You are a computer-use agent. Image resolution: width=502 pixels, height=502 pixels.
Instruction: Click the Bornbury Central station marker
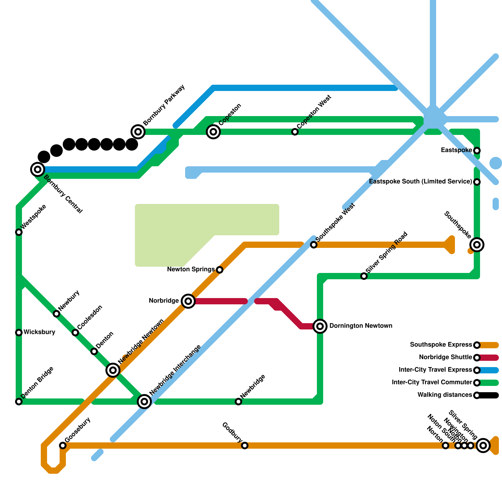click(38, 169)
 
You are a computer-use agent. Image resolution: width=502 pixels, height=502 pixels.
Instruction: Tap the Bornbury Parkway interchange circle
click(138, 132)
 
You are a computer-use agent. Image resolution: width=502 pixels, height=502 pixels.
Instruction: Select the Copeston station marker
click(213, 132)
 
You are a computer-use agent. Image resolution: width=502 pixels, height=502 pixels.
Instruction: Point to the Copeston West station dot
click(295, 132)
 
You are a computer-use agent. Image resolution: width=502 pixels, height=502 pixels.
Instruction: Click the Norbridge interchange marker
click(188, 301)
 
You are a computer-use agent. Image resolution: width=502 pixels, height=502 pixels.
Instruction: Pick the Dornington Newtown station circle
click(320, 326)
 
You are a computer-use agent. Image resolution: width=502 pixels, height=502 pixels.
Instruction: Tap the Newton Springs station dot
click(220, 270)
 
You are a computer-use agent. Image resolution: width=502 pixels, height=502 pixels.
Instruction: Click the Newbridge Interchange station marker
click(144, 402)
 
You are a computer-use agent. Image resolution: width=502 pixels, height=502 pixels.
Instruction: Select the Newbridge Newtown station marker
click(113, 370)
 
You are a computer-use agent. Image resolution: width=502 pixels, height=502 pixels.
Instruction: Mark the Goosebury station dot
click(63, 446)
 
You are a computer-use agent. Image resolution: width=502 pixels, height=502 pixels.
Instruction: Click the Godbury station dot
click(245, 446)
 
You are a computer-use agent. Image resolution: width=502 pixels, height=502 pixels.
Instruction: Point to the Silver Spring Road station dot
click(364, 276)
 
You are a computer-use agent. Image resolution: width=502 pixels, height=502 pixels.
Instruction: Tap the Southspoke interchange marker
click(477, 245)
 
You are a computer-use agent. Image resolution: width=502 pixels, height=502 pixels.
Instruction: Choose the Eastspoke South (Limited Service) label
click(420, 182)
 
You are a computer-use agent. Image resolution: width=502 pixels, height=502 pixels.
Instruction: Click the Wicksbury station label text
click(39, 332)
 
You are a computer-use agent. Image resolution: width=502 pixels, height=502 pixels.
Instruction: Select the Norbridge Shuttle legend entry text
click(446, 357)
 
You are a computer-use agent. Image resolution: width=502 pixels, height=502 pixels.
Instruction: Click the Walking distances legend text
click(445, 395)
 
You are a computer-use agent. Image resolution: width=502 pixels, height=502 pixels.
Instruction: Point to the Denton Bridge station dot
click(19, 402)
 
